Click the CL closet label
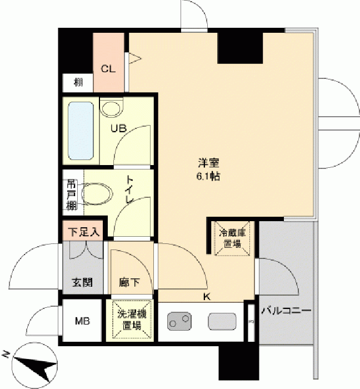108,69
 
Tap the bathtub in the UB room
81,131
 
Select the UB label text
118,128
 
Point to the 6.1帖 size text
208,176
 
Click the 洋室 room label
208,163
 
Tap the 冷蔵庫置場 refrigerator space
232,238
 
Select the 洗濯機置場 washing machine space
132,320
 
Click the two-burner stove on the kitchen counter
179,321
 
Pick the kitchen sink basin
222,321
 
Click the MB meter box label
82,321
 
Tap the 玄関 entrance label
83,282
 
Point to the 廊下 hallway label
129,282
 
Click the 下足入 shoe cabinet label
84,232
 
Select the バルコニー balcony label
286,311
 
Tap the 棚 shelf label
78,82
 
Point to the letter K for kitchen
207,296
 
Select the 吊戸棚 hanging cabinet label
72,195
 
